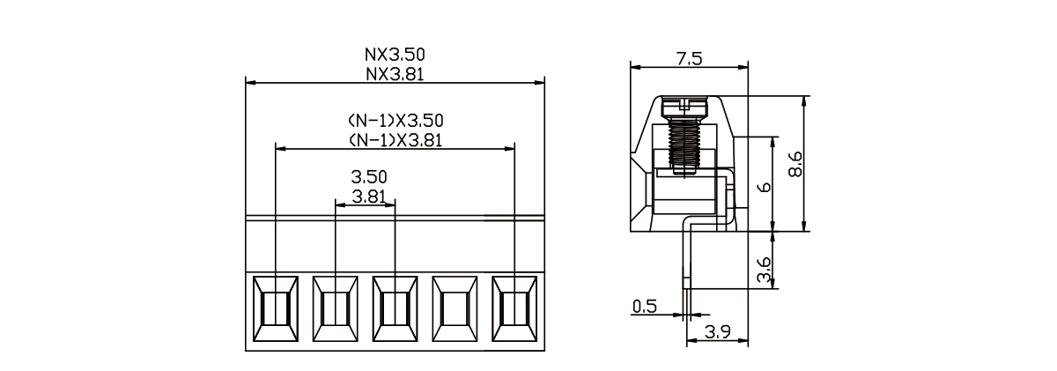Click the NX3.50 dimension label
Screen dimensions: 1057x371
pos(395,55)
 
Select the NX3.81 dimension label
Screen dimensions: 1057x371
pos(395,74)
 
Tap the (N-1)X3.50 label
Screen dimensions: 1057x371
pos(395,121)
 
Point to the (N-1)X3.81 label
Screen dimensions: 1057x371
pos(395,140)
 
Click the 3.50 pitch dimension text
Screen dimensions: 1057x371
pos(369,177)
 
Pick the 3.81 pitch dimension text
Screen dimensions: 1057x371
pos(369,197)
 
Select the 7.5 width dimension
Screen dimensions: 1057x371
pos(690,59)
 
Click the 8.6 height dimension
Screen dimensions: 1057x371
pos(795,164)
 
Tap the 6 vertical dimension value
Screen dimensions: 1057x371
pos(764,188)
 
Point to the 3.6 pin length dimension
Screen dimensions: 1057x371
pos(764,270)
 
